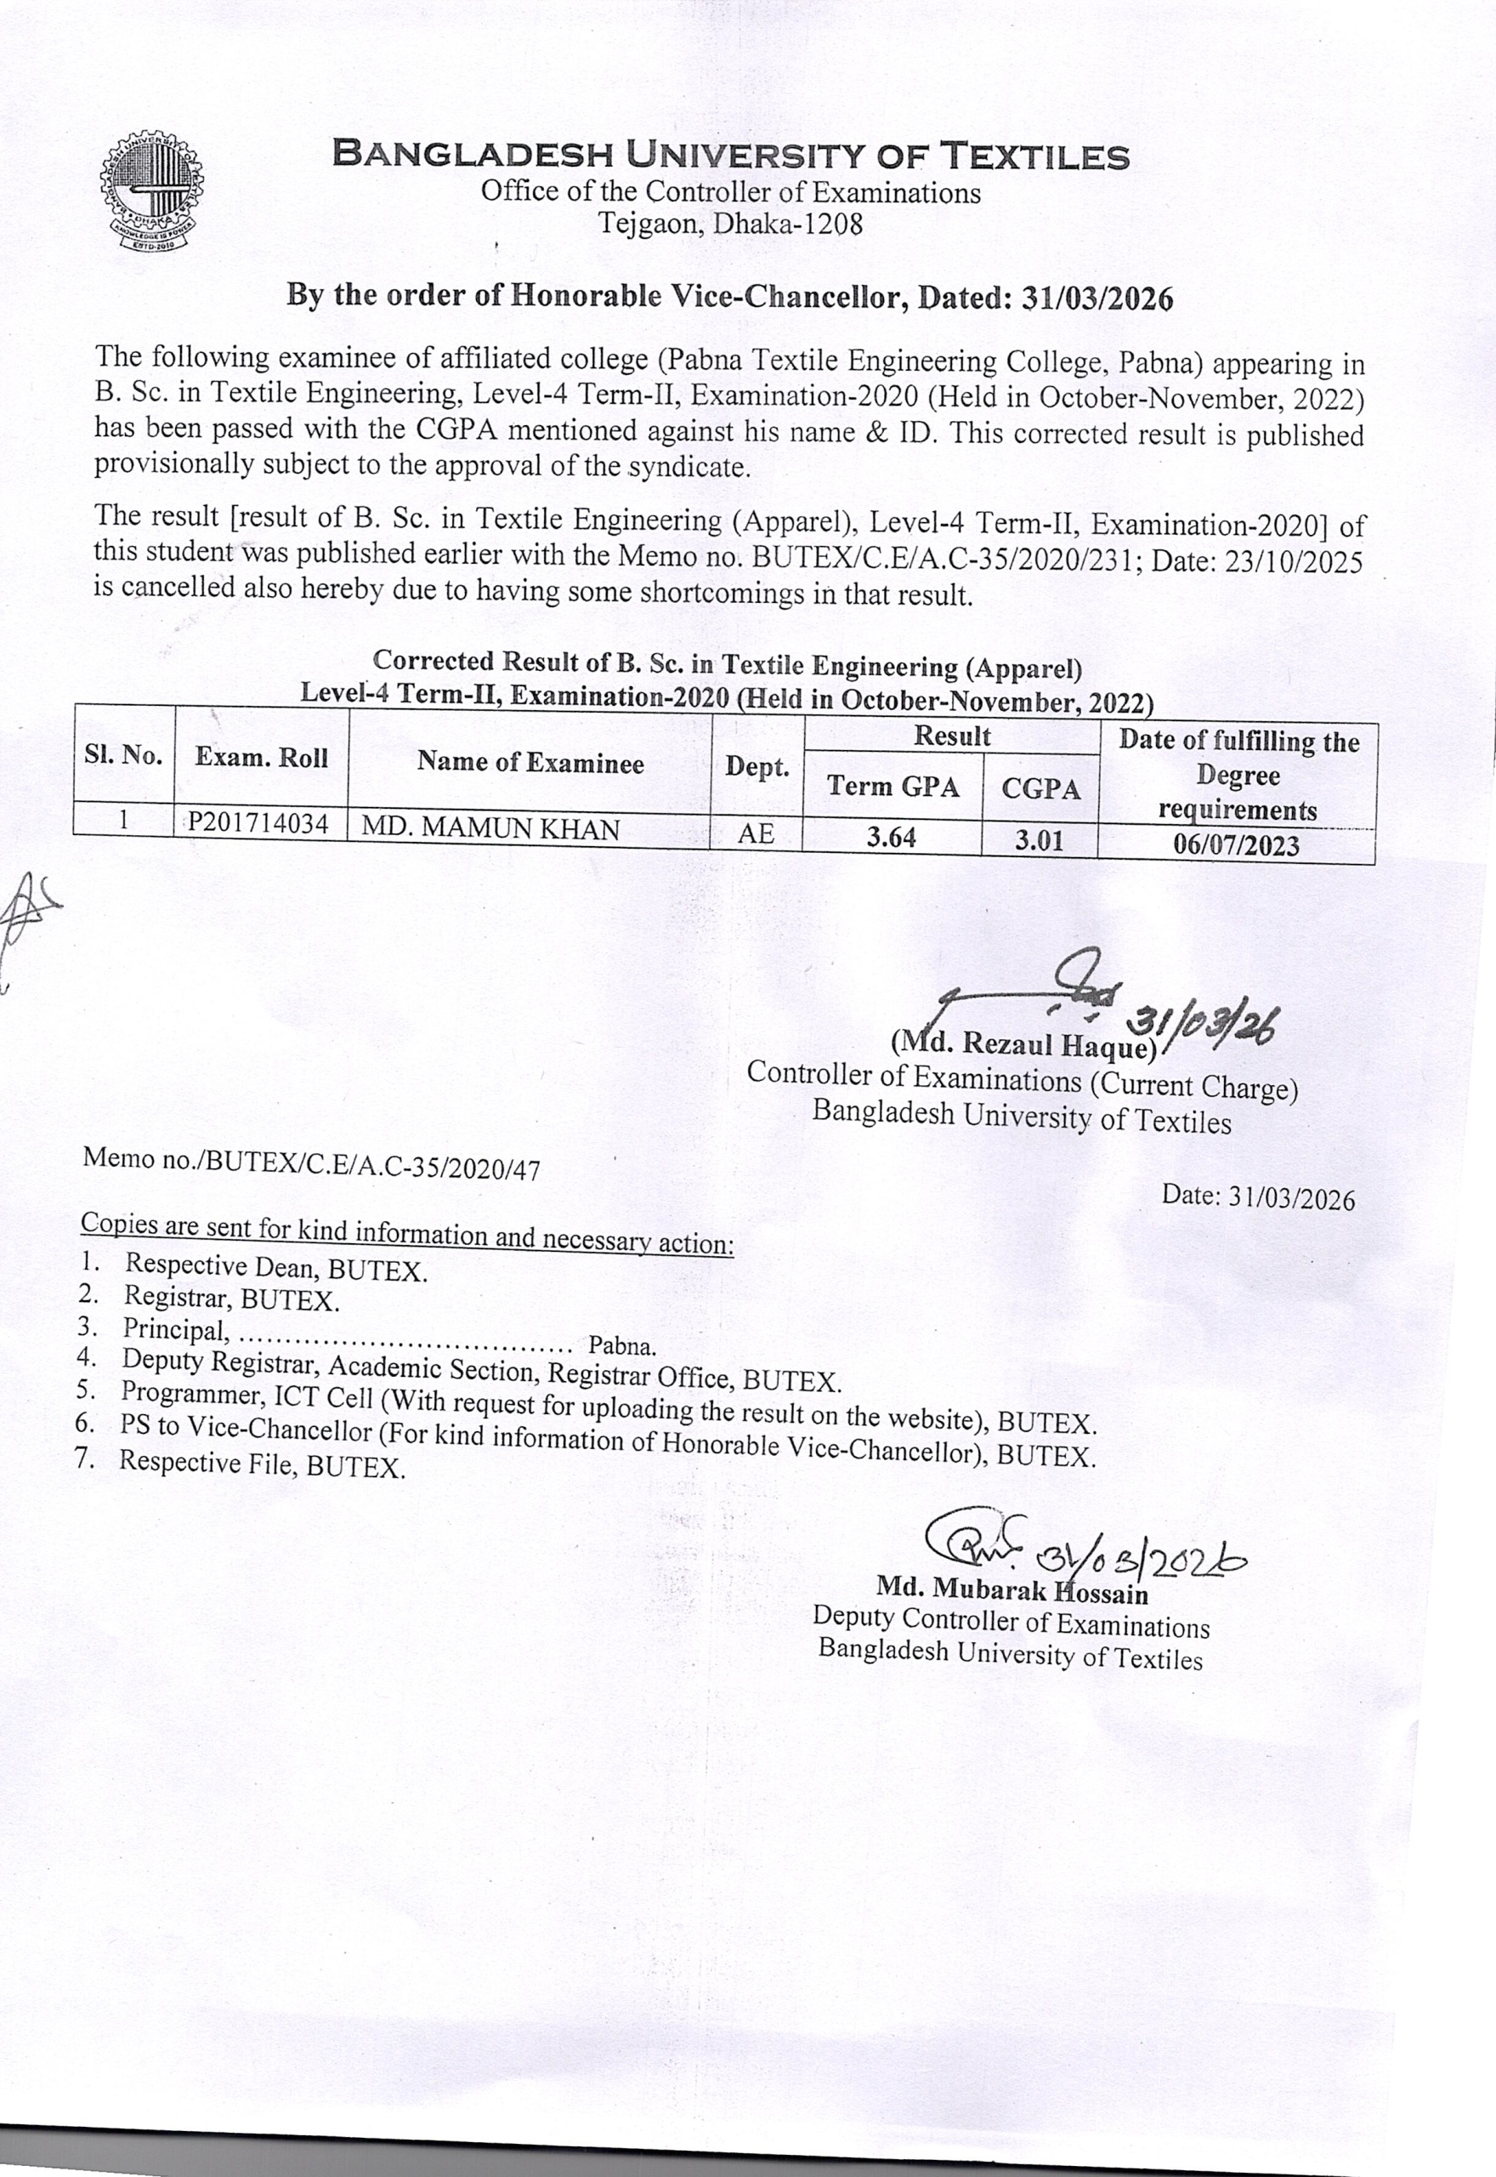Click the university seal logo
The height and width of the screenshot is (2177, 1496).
(x=151, y=191)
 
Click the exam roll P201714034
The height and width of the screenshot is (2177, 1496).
(x=258, y=823)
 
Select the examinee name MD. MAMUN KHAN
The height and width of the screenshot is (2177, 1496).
(x=490, y=829)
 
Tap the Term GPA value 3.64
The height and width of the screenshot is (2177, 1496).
(x=891, y=836)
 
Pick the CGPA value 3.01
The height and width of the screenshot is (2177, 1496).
(x=1039, y=840)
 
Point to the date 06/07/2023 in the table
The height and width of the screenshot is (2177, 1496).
(x=1237, y=845)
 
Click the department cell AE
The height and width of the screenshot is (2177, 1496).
(x=756, y=833)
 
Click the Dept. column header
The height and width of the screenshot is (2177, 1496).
(x=756, y=766)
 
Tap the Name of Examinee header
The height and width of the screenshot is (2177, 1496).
(x=530, y=761)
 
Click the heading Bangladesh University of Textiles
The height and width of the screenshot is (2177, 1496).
(x=730, y=155)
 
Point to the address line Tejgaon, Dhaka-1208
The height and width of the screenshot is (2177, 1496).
(x=730, y=224)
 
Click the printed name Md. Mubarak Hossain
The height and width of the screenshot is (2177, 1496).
(x=1011, y=1589)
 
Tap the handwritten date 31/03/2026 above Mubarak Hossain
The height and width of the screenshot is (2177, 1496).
(x=1140, y=1559)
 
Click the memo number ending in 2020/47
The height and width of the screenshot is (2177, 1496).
(x=311, y=1163)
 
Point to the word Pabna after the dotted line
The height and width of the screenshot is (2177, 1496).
(x=621, y=1345)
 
